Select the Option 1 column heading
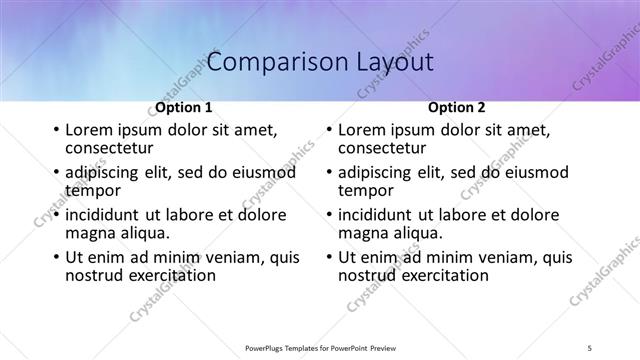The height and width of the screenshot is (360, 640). click(x=184, y=107)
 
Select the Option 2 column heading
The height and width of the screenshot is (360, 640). click(x=457, y=107)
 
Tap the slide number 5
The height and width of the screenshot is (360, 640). click(x=590, y=346)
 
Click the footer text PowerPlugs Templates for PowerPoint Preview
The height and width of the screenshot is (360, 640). click(x=320, y=346)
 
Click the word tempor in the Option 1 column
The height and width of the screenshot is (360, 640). click(x=92, y=190)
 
